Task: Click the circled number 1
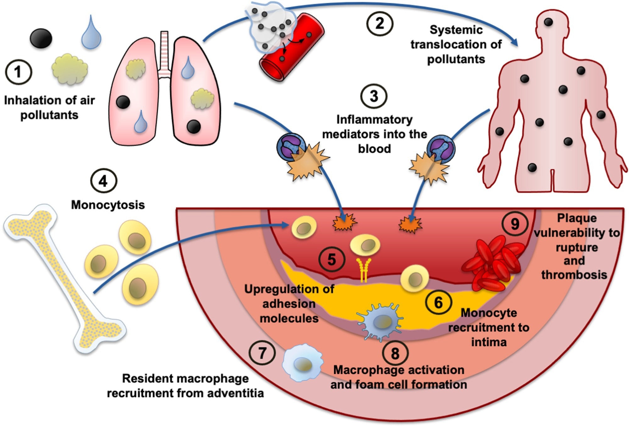point(18,72)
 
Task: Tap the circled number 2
point(380,24)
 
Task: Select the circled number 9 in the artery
point(515,224)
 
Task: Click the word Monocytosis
point(108,205)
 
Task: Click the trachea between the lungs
point(164,53)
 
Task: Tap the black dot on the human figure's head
point(548,22)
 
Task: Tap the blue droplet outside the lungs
point(91,33)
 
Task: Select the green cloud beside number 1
point(70,69)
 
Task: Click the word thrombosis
point(574,275)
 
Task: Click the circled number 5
point(332,260)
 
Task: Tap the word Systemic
point(456,30)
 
